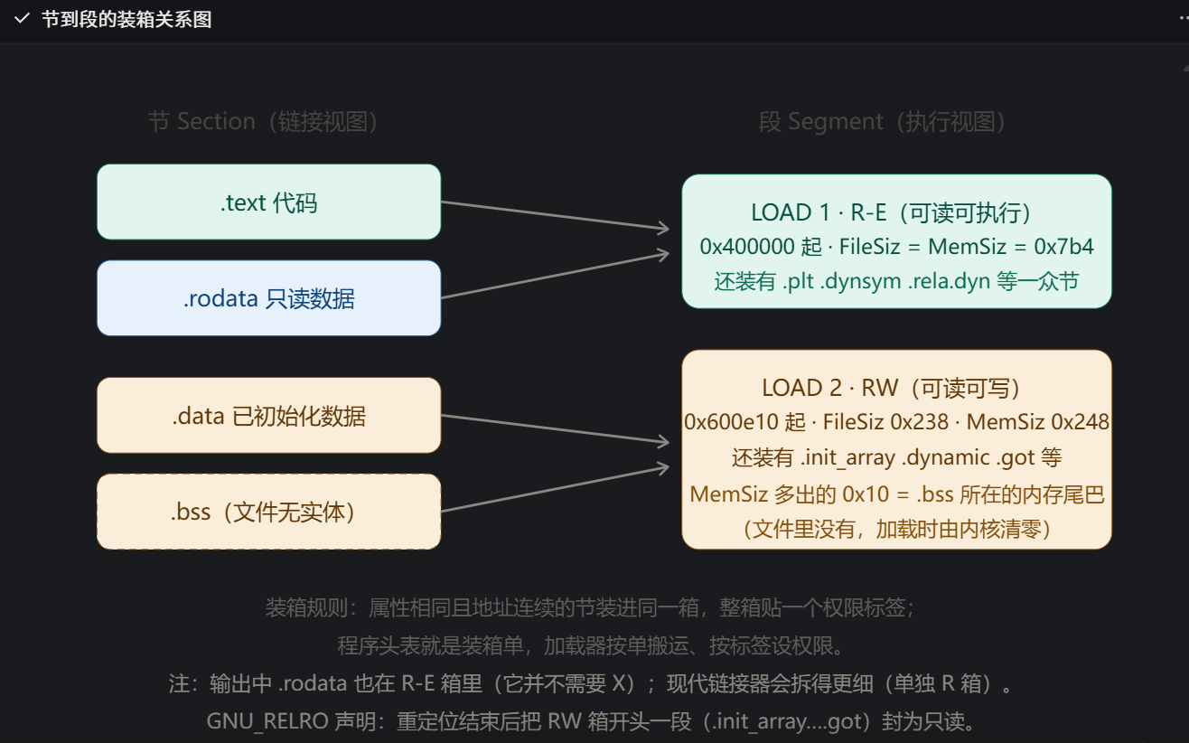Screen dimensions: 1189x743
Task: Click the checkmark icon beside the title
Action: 22,19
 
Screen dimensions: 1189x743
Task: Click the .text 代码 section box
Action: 268,202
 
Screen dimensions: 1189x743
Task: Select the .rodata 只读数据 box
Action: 268,298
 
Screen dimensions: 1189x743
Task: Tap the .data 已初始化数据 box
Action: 268,415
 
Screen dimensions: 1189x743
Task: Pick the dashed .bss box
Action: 268,512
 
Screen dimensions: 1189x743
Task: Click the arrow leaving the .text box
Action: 556,215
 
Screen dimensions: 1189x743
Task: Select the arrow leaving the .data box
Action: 556,428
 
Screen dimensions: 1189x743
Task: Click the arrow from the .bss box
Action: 556,489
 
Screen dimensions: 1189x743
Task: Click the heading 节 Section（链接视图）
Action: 263,122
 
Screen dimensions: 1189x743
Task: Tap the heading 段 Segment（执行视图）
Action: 882,122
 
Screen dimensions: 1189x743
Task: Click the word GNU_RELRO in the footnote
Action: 267,721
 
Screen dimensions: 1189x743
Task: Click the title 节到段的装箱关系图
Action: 126,20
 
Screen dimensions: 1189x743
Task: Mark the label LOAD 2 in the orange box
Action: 801,389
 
